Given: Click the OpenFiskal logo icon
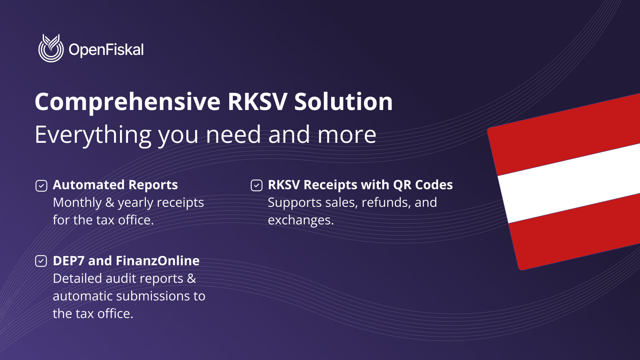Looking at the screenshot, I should [51, 48].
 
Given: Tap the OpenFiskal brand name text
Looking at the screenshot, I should [106, 50].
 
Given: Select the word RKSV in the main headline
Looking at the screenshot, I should [257, 102].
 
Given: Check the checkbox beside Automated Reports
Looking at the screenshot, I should [41, 186].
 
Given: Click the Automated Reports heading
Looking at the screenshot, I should [115, 185].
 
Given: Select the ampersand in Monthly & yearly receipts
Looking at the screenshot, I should [110, 202].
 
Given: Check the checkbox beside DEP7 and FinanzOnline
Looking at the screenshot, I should [41, 261].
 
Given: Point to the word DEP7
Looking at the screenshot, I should [68, 261].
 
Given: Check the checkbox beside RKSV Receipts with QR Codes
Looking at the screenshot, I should [256, 186].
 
